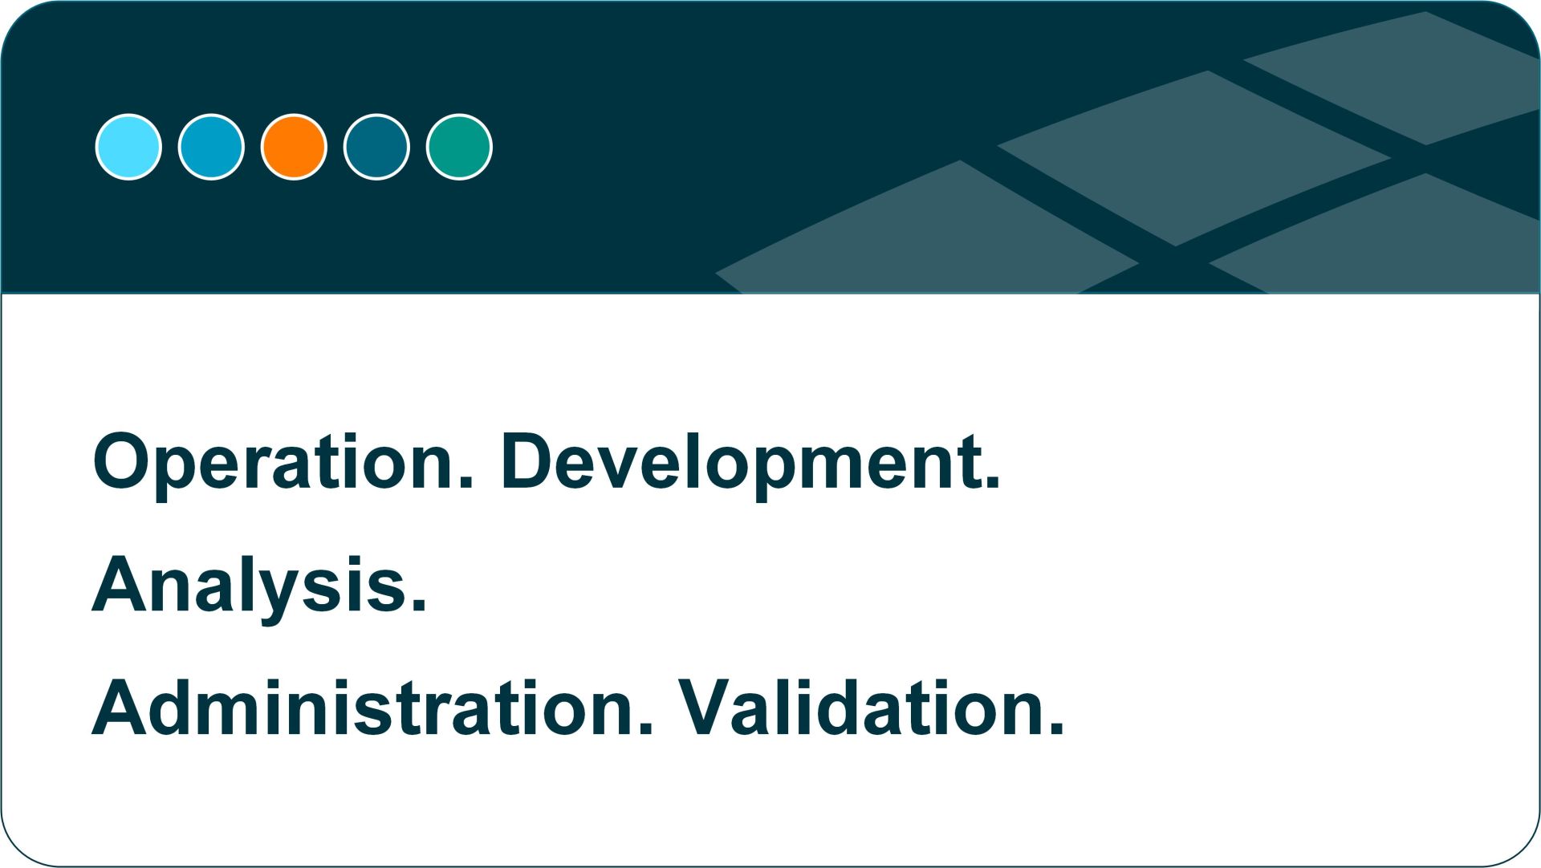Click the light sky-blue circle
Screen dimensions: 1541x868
point(128,147)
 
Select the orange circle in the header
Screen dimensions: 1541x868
point(294,147)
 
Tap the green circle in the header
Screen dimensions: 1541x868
point(459,147)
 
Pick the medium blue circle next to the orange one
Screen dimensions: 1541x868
point(211,147)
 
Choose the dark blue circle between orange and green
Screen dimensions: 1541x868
point(376,147)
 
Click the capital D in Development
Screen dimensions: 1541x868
point(530,460)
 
